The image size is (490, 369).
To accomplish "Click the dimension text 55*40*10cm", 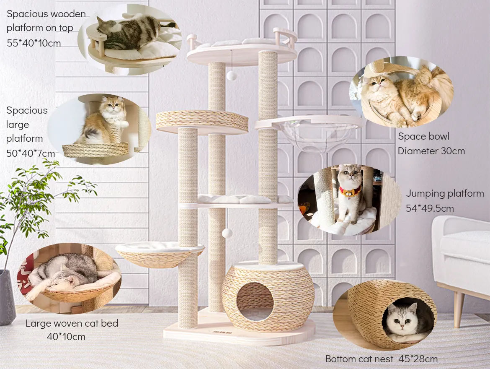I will [34, 43].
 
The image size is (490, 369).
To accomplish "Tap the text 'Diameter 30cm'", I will [431, 151].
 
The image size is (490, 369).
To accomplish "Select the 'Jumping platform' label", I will [445, 194].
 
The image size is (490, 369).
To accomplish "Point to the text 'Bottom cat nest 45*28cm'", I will [381, 359].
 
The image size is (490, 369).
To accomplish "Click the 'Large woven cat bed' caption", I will [72, 323].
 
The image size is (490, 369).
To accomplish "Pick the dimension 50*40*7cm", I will [31, 153].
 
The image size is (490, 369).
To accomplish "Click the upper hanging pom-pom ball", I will [231, 75].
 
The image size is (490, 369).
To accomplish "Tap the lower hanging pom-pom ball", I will [227, 233].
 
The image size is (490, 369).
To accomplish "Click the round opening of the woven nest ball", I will [255, 301].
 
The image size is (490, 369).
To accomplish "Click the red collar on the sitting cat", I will [350, 192].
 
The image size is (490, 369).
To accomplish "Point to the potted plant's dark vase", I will [7, 297].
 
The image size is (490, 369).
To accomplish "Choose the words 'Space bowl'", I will [423, 137].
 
